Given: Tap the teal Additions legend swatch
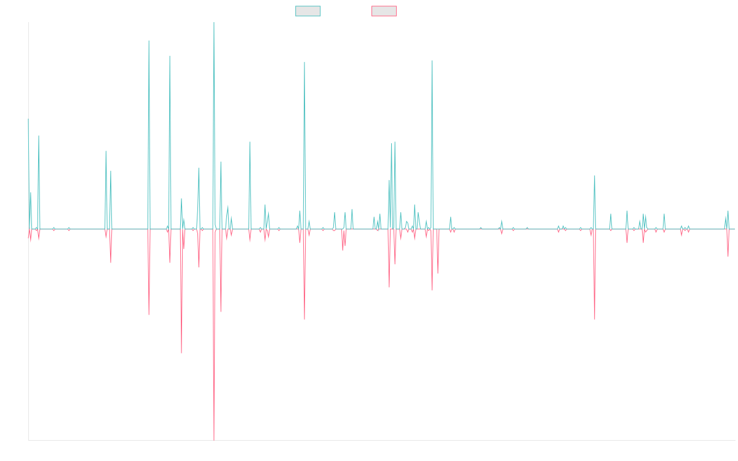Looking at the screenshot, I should tap(308, 11).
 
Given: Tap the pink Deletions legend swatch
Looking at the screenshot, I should tap(384, 11).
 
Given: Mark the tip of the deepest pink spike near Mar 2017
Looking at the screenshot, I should tap(214, 439).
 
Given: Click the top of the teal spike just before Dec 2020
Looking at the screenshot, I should tap(432, 60).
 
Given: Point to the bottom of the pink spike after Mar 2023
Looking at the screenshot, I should tap(595, 319).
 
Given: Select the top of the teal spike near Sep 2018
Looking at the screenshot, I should tap(304, 62).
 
